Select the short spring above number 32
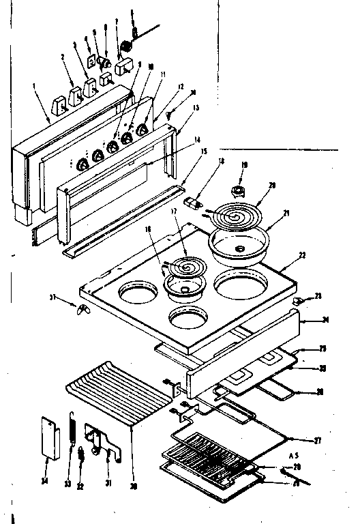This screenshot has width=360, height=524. (x=81, y=452)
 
